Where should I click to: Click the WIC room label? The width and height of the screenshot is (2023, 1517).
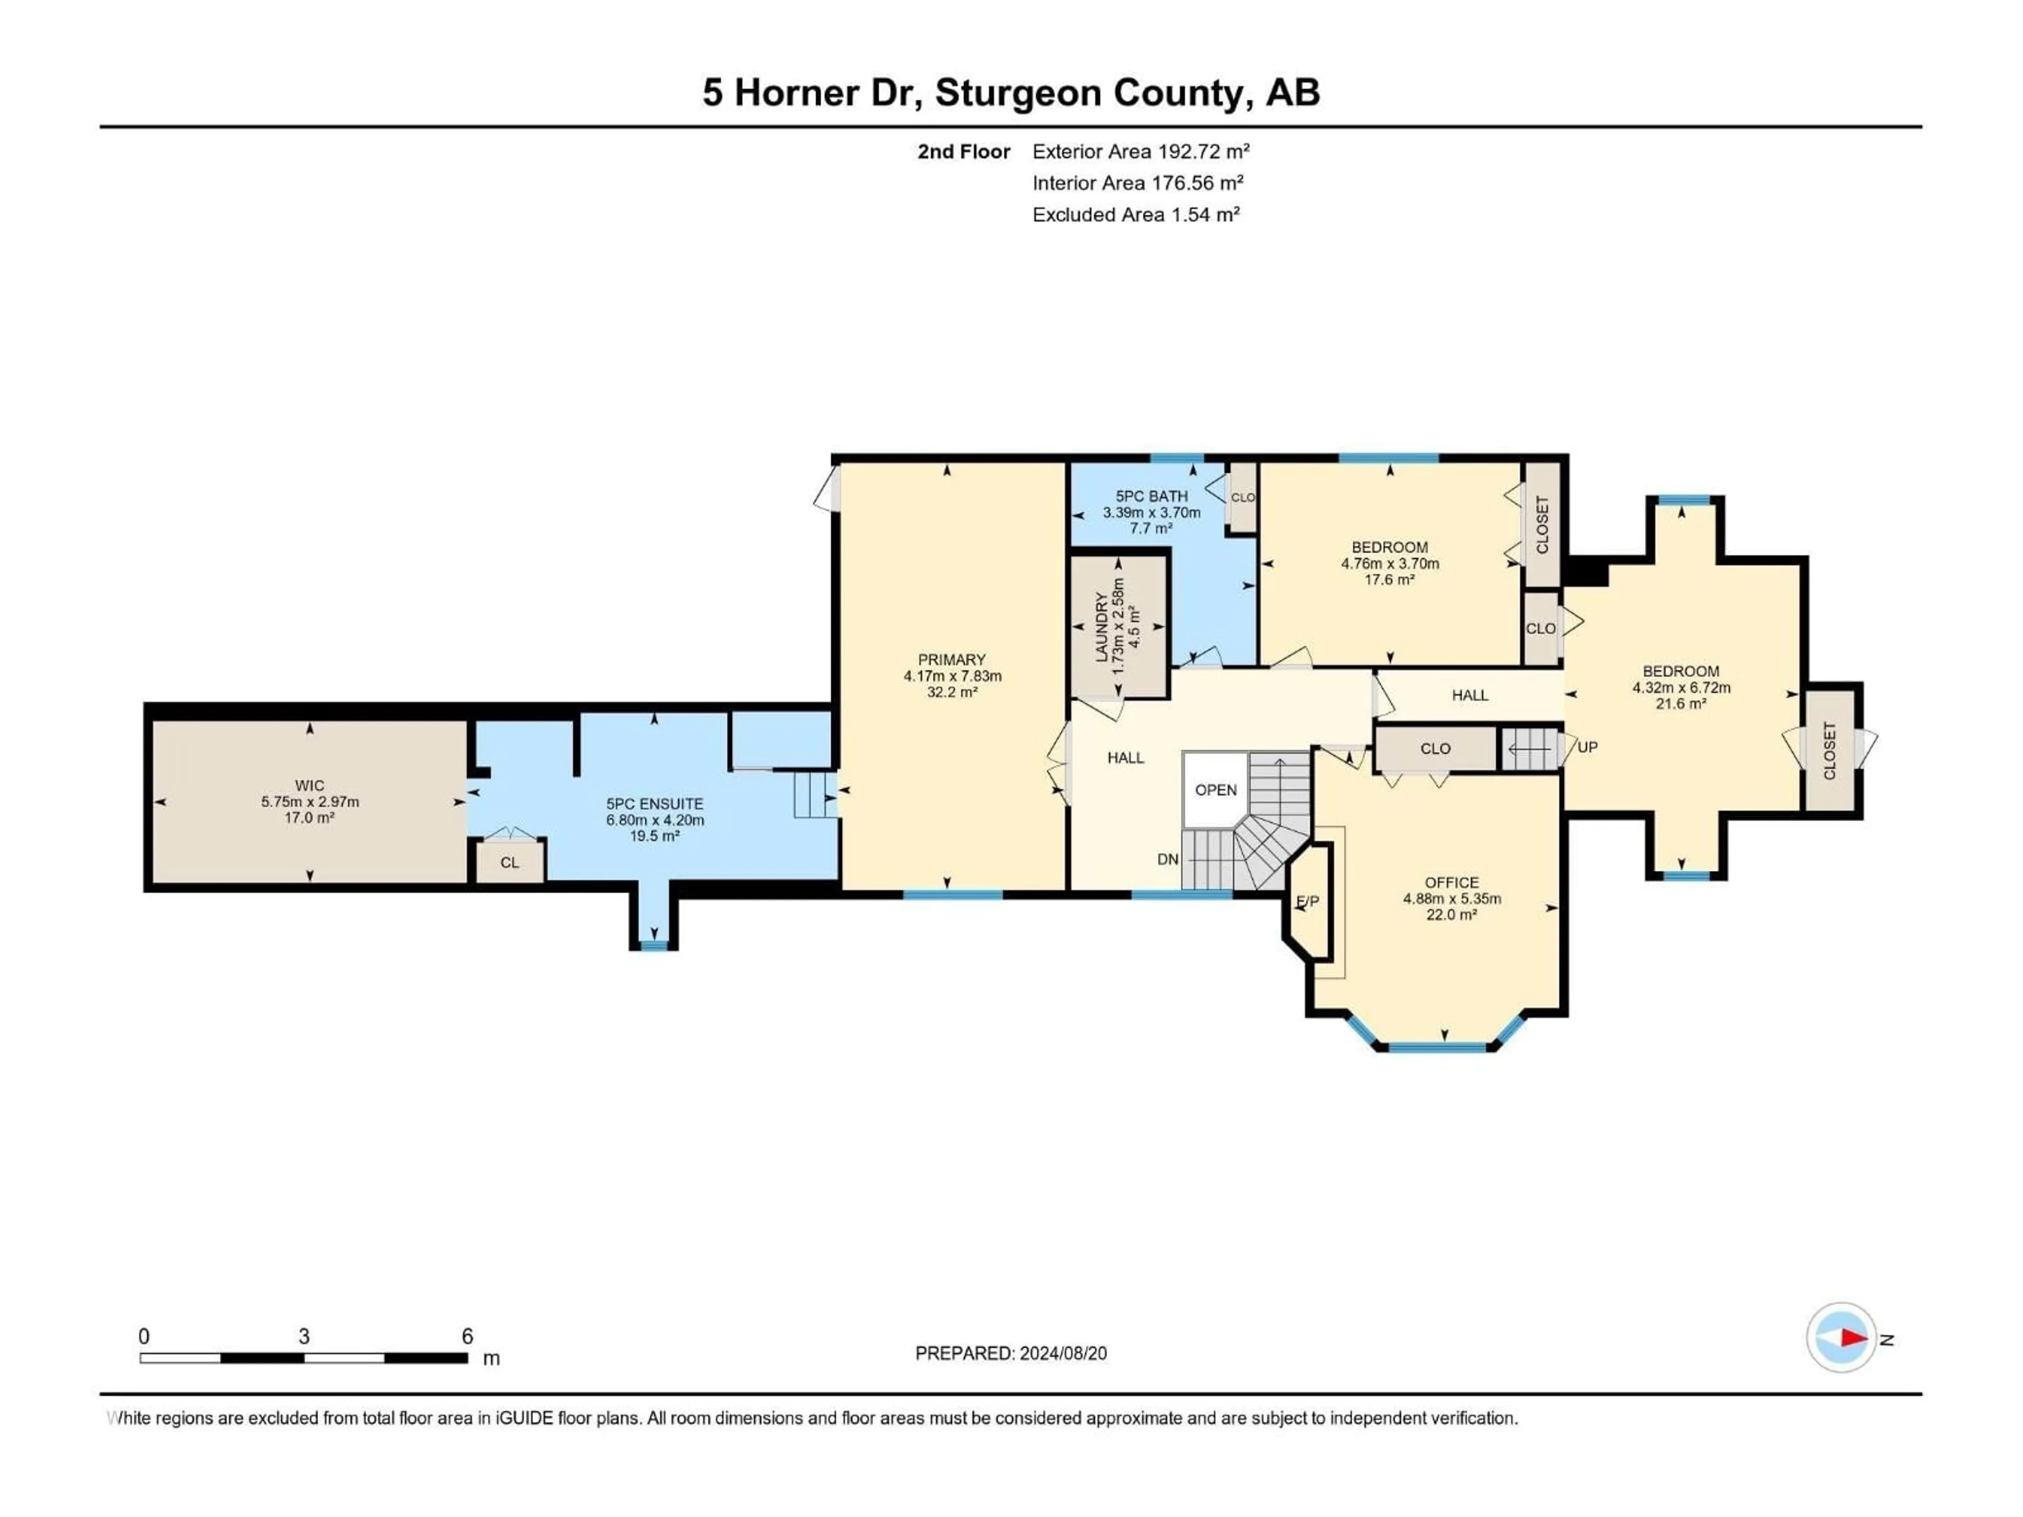pyautogui.click(x=309, y=785)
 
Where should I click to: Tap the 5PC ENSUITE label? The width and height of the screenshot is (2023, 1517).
pyautogui.click(x=655, y=804)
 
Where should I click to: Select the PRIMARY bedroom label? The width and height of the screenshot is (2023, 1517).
pyautogui.click(x=952, y=659)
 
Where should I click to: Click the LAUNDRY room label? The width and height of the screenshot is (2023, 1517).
pyautogui.click(x=1102, y=626)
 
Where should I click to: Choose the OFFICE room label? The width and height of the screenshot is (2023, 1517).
pyautogui.click(x=1451, y=882)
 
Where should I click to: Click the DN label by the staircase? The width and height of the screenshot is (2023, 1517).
pyautogui.click(x=1168, y=860)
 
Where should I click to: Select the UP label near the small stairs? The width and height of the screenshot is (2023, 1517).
pyautogui.click(x=1588, y=747)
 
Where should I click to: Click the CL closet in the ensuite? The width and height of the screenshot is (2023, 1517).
pyautogui.click(x=509, y=862)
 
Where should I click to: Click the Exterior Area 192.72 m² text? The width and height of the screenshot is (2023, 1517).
pyautogui.click(x=1141, y=152)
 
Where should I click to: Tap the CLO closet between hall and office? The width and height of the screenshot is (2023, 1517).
pyautogui.click(x=1435, y=748)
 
